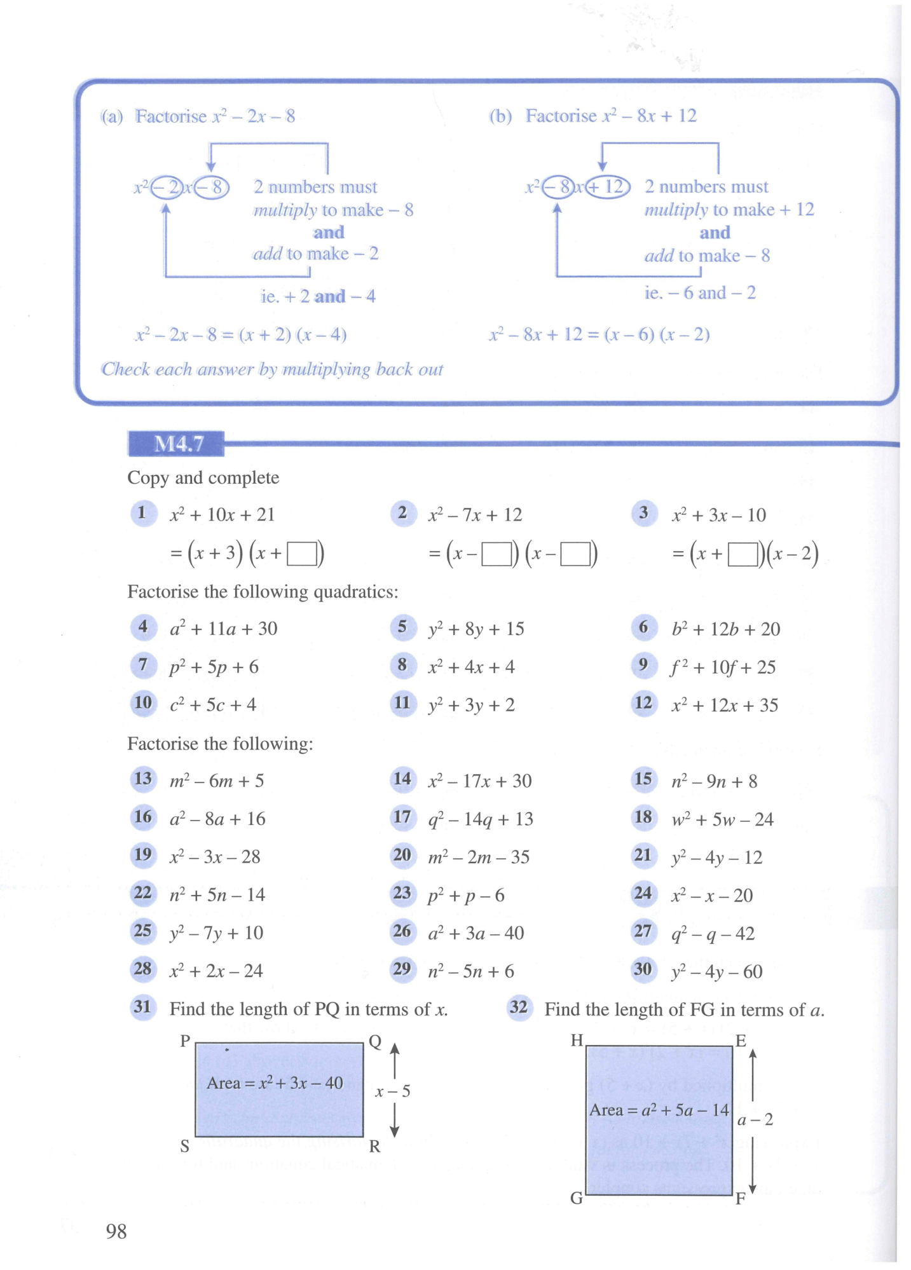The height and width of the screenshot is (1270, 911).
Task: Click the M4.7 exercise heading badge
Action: pos(176,443)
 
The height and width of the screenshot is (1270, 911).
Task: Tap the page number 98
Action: pos(116,1231)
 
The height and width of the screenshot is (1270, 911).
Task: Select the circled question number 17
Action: pos(402,817)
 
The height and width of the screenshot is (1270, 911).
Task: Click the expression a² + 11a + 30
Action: pos(223,629)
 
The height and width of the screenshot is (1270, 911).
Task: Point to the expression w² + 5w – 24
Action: pos(722,819)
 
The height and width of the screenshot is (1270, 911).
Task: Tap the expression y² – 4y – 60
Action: pos(716,971)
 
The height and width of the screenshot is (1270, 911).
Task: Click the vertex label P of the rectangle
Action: pos(185,1041)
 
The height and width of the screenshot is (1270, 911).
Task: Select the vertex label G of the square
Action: pos(576,1198)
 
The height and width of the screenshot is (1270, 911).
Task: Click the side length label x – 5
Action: pos(392,1091)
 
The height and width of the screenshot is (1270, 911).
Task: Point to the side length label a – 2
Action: pos(755,1119)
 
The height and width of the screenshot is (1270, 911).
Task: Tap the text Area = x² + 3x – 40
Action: pos(275,1082)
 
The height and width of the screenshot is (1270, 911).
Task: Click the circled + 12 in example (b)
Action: pos(607,187)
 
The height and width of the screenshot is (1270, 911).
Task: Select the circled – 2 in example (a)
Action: pos(167,188)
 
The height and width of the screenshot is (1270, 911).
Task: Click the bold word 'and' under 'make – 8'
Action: pos(329,232)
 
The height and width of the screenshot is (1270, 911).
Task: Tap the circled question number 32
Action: pos(519,1007)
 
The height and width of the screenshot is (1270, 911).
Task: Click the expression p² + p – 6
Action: pos(466,895)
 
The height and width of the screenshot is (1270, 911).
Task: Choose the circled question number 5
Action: pos(402,627)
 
